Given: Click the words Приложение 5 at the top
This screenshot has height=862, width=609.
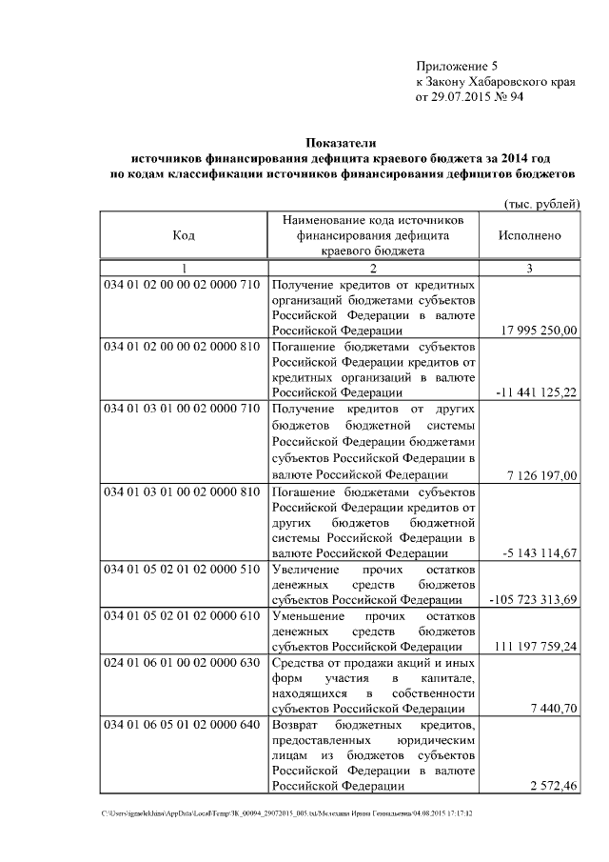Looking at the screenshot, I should coord(457,66).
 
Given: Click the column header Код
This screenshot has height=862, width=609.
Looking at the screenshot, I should coord(184,234).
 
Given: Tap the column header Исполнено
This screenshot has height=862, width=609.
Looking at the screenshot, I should coord(529,234).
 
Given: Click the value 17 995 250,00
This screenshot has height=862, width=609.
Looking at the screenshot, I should coord(538,330).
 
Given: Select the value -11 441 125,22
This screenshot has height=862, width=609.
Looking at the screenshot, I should coord(536,391).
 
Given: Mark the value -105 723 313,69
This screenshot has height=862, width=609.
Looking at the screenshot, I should coord(533,600).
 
